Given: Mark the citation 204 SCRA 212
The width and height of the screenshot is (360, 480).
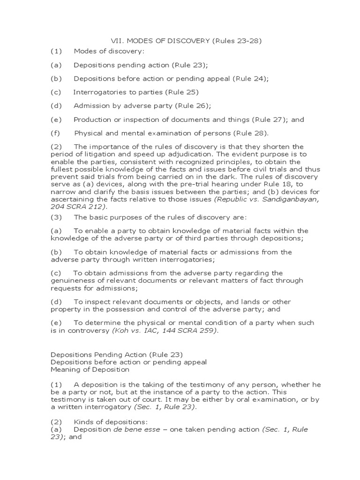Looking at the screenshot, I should point(77,206).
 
